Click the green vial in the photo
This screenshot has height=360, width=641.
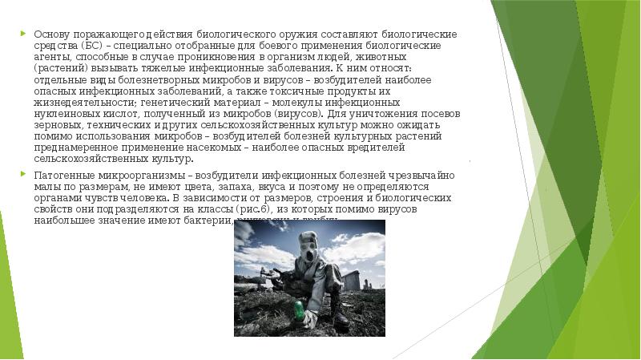[298, 308]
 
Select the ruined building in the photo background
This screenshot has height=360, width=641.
[349, 280]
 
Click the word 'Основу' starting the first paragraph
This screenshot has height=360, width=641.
[50, 34]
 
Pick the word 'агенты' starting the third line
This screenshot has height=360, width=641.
[50, 58]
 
